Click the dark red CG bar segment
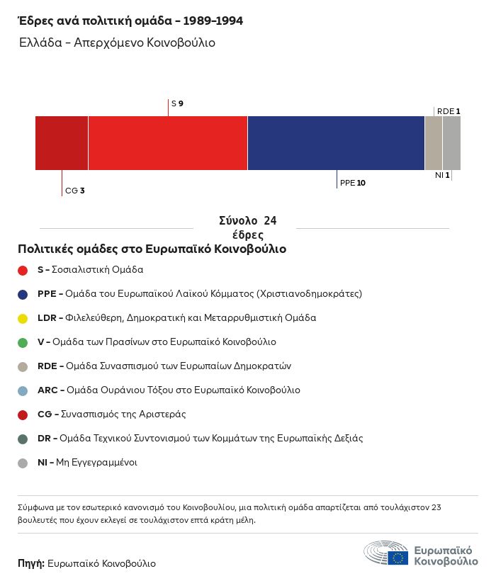click(62, 143)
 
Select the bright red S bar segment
click(168, 143)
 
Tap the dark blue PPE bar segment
click(336, 143)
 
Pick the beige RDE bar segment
click(434, 143)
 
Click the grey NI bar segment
click(451, 143)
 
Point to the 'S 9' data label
click(177, 103)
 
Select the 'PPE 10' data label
click(353, 183)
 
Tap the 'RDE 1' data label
click(449, 111)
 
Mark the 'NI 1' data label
click(442, 175)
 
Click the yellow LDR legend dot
click(23, 318)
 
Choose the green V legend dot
click(23, 342)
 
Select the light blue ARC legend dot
click(23, 390)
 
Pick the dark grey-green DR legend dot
click(23, 439)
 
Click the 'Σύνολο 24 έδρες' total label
click(248, 227)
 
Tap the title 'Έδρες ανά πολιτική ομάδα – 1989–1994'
click(130, 21)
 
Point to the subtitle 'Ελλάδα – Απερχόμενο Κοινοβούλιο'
click(118, 43)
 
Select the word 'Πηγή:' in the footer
click(31, 564)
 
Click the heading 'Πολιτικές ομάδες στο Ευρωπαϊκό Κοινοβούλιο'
click(152, 249)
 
